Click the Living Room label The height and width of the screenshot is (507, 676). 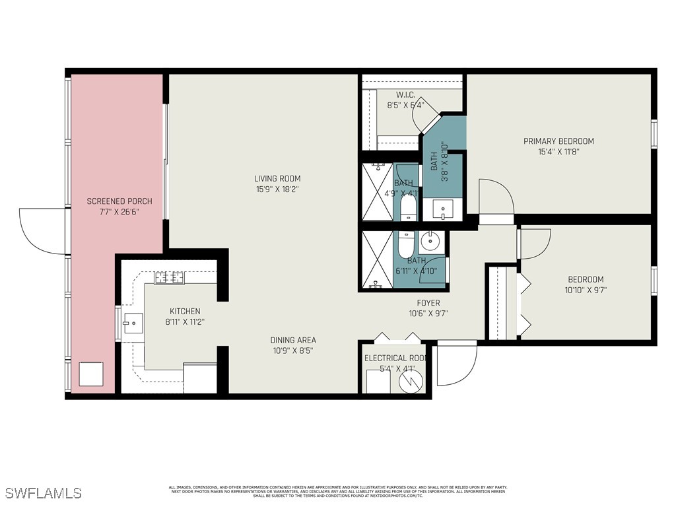click(x=277, y=178)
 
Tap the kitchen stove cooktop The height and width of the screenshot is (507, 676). click(x=169, y=278)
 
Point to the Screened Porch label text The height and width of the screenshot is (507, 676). click(x=119, y=201)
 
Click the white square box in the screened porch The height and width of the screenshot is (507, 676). click(x=91, y=374)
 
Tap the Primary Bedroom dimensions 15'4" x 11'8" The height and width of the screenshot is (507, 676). click(x=558, y=151)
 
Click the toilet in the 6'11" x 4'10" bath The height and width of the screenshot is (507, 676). click(x=405, y=244)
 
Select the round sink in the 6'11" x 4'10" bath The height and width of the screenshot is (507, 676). click(x=430, y=242)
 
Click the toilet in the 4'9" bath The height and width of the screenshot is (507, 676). click(x=407, y=210)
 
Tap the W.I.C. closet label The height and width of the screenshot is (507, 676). click(x=405, y=95)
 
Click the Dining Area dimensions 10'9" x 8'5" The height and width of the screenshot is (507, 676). click(x=293, y=351)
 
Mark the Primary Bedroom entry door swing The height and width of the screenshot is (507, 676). click(x=496, y=196)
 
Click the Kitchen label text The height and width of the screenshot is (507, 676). click(x=185, y=311)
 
